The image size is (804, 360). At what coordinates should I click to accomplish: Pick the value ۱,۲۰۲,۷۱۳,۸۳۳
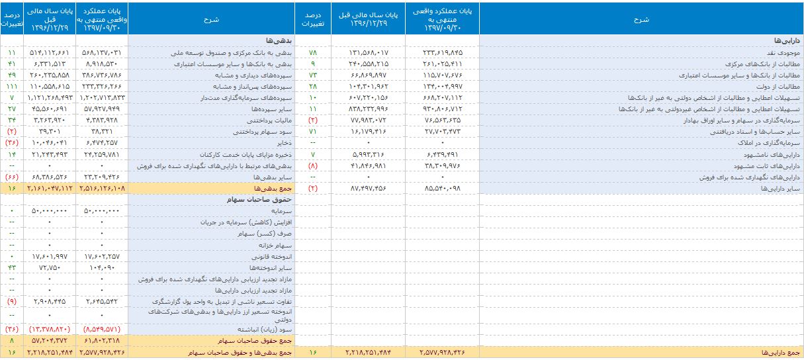pos(101,98)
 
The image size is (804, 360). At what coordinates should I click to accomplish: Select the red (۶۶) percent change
pos(11,177)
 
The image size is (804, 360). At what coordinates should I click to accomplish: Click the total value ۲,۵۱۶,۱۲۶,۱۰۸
pos(101,189)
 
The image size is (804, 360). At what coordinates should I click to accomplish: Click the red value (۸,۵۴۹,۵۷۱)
pos(101,329)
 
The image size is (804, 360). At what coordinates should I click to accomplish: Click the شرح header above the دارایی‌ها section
pos(641,20)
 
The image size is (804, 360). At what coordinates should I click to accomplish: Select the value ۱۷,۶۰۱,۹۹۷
pos(50,255)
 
